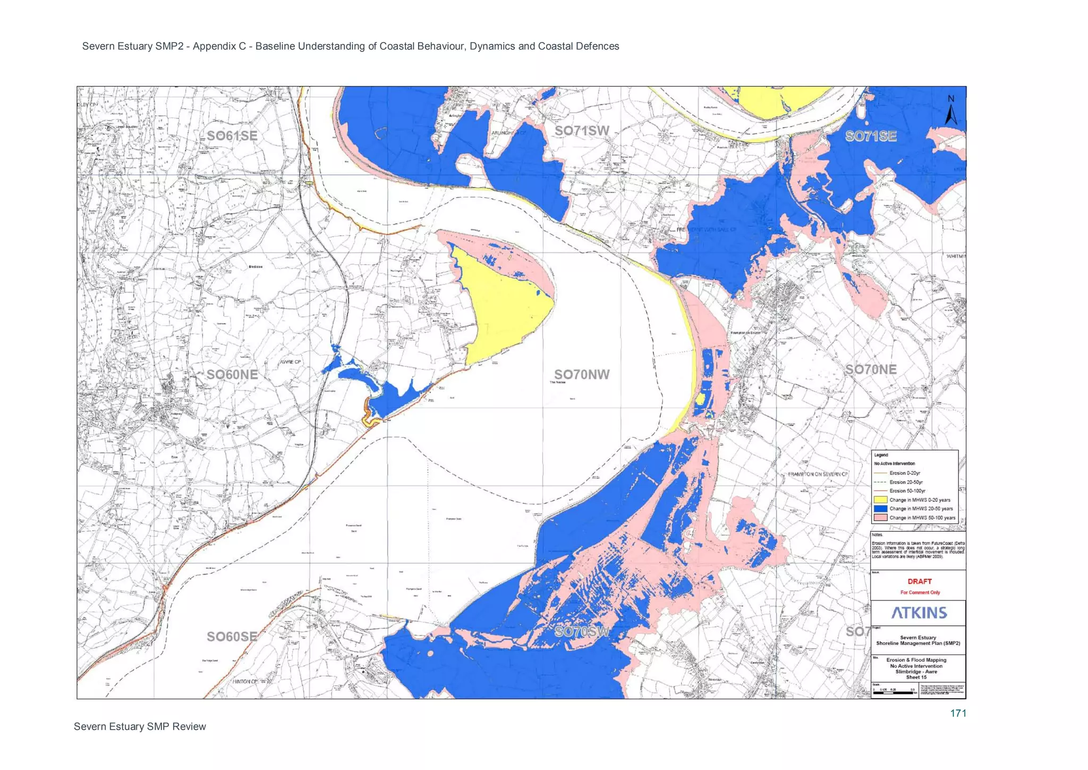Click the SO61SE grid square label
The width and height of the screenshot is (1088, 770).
232,136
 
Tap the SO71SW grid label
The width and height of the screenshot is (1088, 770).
582,131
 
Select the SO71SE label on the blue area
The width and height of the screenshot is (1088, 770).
871,137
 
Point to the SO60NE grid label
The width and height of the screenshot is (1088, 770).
232,374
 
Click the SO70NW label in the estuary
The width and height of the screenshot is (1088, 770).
582,374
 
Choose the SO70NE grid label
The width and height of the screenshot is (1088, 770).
871,370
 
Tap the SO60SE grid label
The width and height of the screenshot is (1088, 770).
232,637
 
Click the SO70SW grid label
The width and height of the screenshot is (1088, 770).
582,632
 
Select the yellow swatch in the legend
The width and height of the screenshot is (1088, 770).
880,500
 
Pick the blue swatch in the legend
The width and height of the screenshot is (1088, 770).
880,509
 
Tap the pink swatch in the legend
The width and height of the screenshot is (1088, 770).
880,517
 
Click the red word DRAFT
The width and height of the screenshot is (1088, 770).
920,581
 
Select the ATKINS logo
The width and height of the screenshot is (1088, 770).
919,613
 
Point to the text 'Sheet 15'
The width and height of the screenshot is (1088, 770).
916,677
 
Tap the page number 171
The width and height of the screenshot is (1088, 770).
958,714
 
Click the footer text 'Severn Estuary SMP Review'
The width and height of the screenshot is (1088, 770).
140,727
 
